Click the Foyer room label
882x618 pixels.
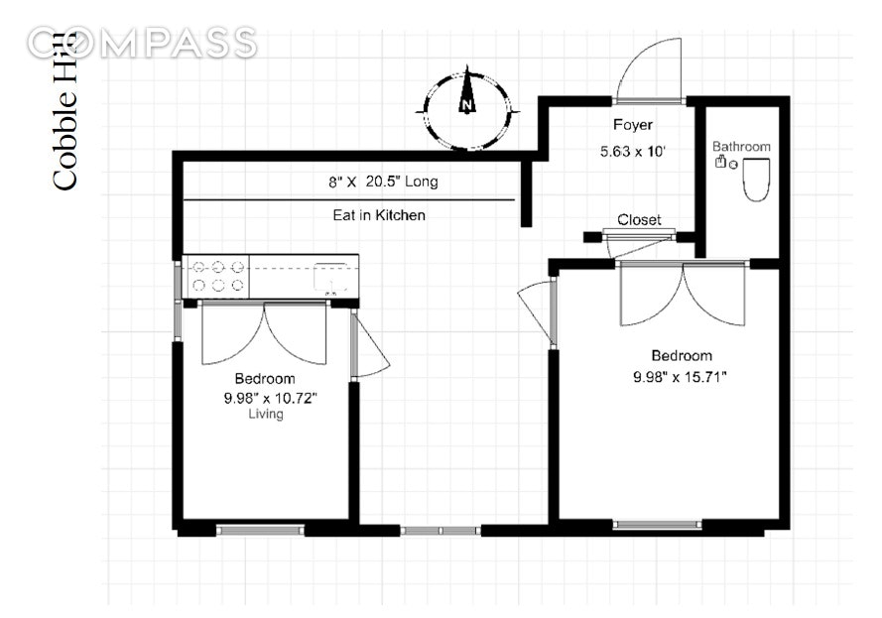point(633,124)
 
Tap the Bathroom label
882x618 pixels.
point(741,146)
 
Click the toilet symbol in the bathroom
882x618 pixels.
point(757,180)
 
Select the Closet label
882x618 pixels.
point(639,220)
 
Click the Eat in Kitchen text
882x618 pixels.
point(379,215)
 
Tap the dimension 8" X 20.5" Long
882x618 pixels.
point(383,182)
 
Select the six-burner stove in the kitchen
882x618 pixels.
point(216,276)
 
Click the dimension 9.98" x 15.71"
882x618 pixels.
point(680,376)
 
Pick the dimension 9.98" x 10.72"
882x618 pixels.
point(271,398)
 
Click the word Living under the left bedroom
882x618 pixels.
point(266,414)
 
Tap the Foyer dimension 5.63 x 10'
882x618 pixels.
point(633,151)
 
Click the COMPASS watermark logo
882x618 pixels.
point(142,43)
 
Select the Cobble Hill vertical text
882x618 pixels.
point(64,111)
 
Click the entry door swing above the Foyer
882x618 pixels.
point(649,69)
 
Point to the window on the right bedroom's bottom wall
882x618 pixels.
point(657,525)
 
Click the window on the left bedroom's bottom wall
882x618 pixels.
point(261,529)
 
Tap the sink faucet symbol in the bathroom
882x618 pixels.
point(719,162)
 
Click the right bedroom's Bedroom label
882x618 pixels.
point(682,355)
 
